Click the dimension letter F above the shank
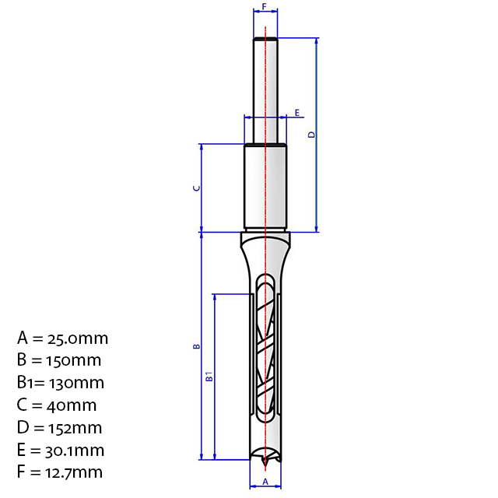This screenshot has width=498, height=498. [265, 6]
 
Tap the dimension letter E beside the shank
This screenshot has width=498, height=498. [297, 112]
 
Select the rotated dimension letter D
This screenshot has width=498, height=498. [311, 135]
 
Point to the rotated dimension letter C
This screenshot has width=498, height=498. [197, 188]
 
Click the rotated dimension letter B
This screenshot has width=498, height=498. [197, 346]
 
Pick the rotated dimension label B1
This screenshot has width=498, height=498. [209, 377]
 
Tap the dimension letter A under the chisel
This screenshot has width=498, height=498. [265, 482]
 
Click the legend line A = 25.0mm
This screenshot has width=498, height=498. [62, 338]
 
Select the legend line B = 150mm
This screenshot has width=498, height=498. [59, 360]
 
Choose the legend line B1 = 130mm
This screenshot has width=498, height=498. [61, 383]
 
